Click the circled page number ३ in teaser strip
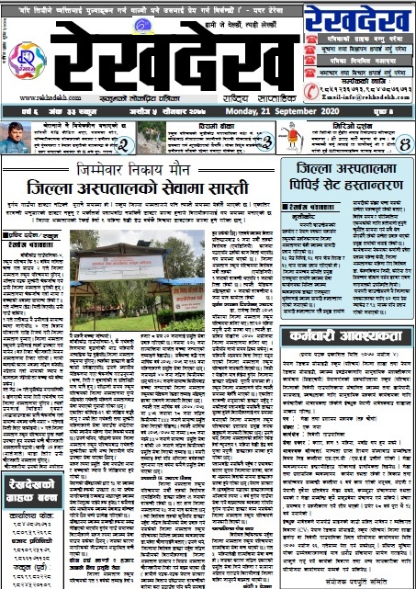pos(265,142)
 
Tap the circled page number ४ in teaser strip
pos(403,142)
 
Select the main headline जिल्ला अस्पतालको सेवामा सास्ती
pos(141,186)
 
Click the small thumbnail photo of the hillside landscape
pos(154,138)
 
